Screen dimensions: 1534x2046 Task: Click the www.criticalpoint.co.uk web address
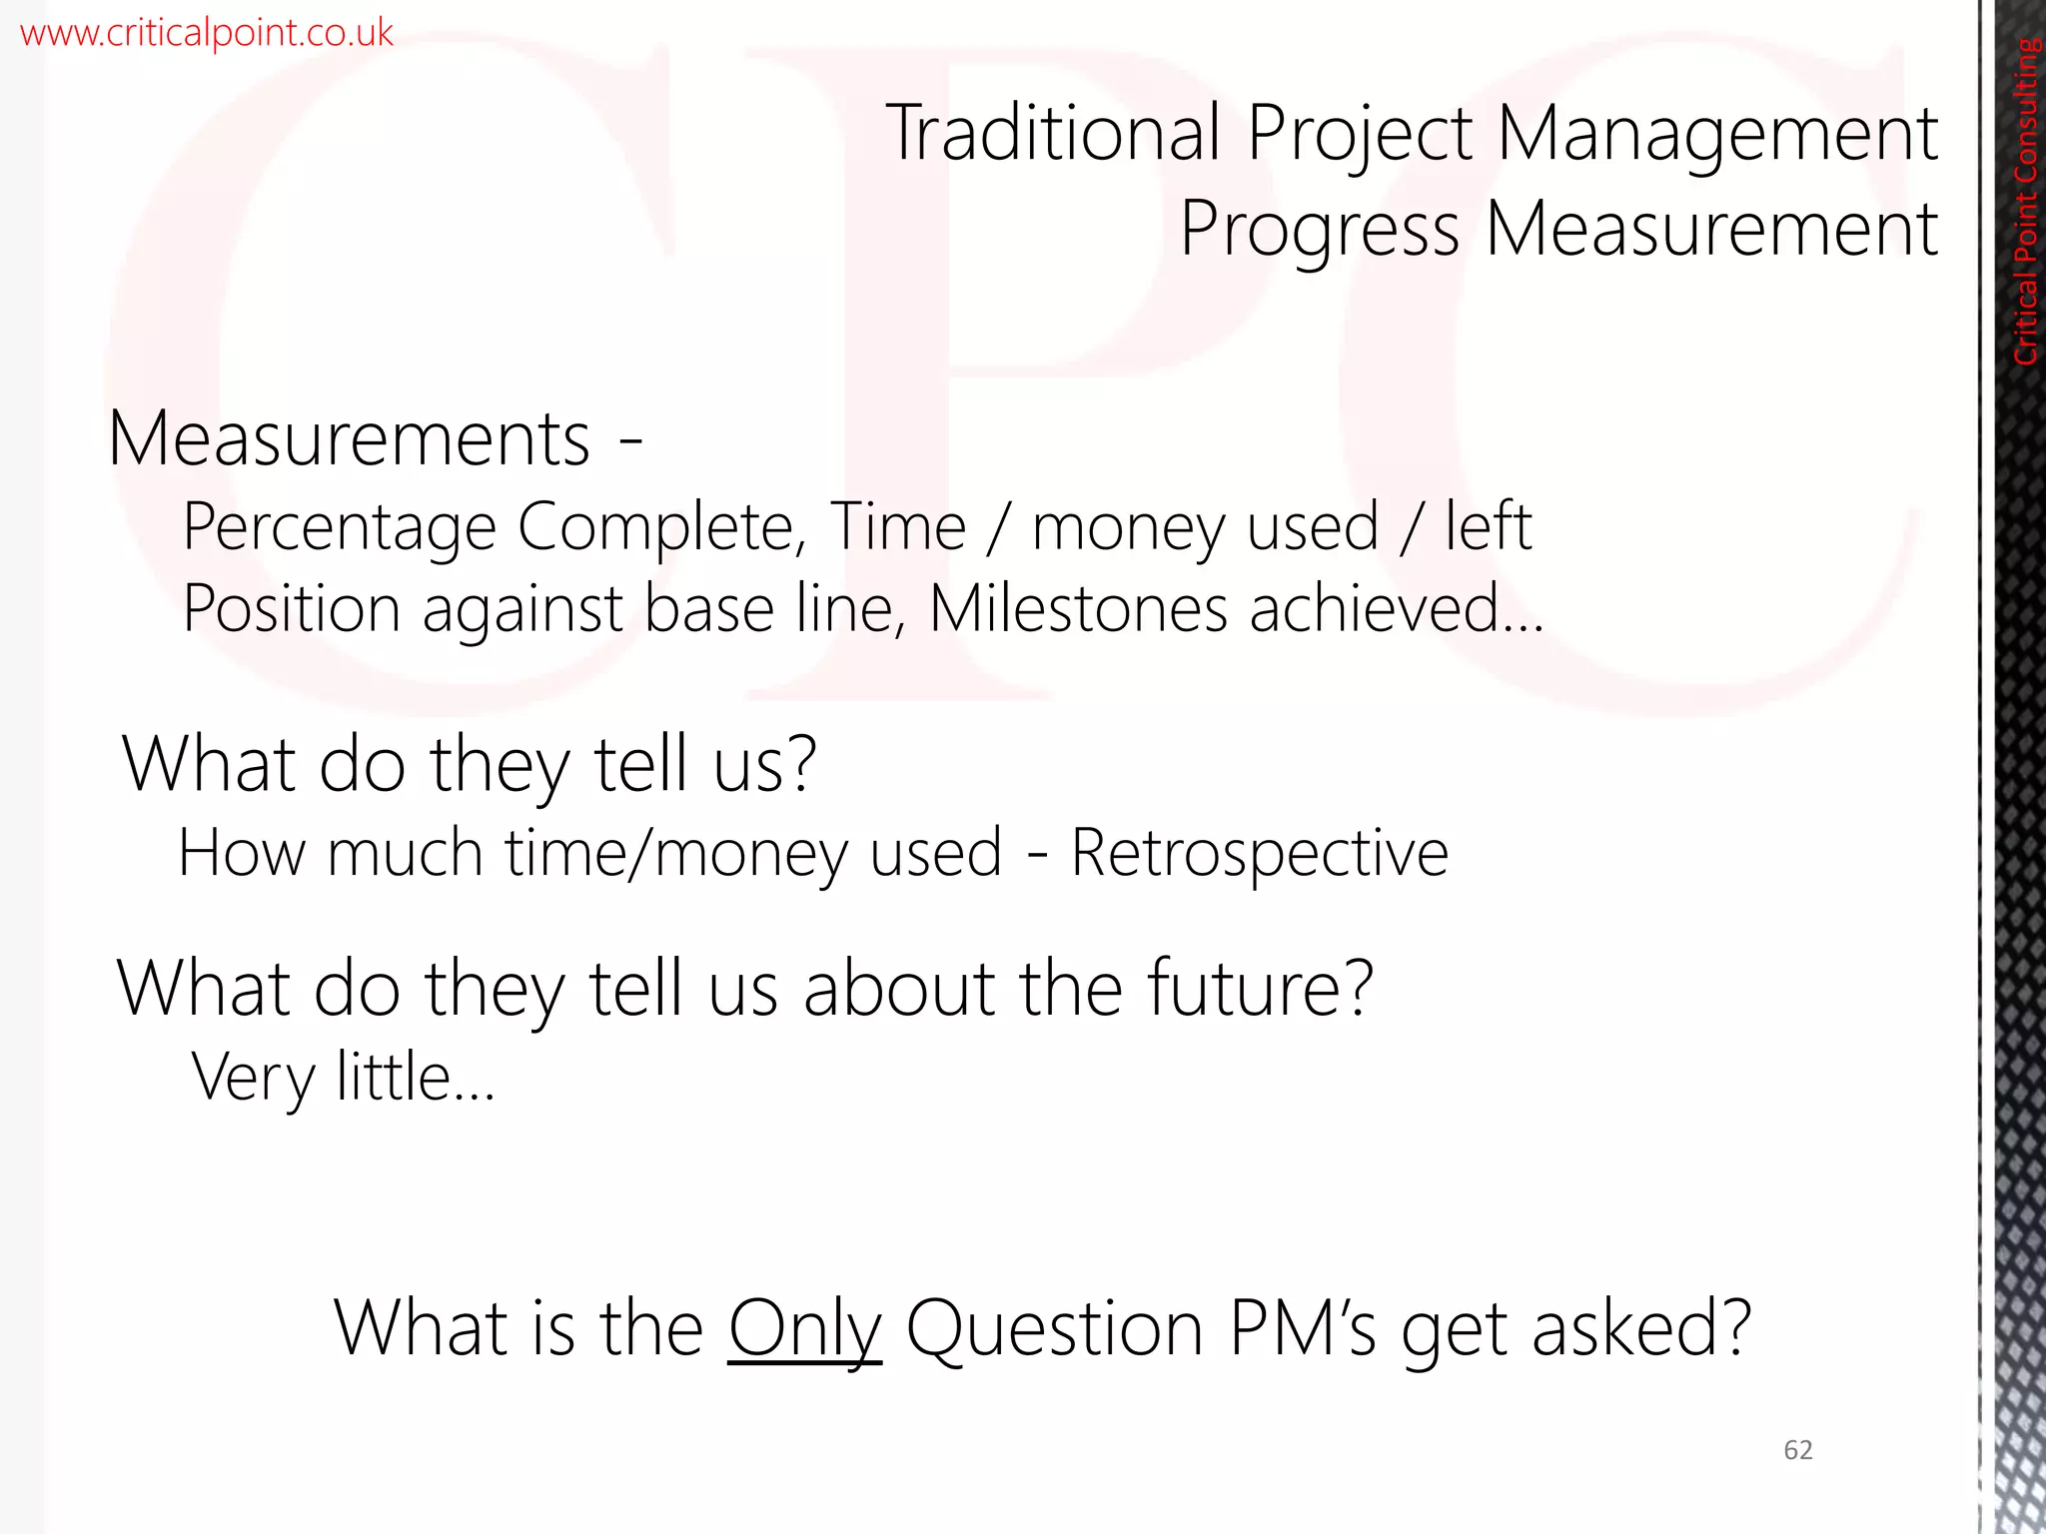click(x=207, y=33)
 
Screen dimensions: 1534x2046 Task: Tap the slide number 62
click(x=1797, y=1450)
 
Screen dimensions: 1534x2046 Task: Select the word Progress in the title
click(x=1319, y=231)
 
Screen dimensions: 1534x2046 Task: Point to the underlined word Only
click(x=804, y=1329)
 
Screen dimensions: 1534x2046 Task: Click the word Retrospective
click(x=1259, y=854)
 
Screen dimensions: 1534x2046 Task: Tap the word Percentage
click(x=339, y=528)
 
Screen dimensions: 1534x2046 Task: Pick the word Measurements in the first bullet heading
click(x=350, y=438)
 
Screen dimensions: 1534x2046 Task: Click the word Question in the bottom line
click(x=1054, y=1329)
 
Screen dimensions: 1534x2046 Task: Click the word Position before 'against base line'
click(x=292, y=608)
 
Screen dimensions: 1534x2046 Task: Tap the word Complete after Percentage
click(x=660, y=528)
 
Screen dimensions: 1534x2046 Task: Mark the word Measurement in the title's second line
click(x=1711, y=230)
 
